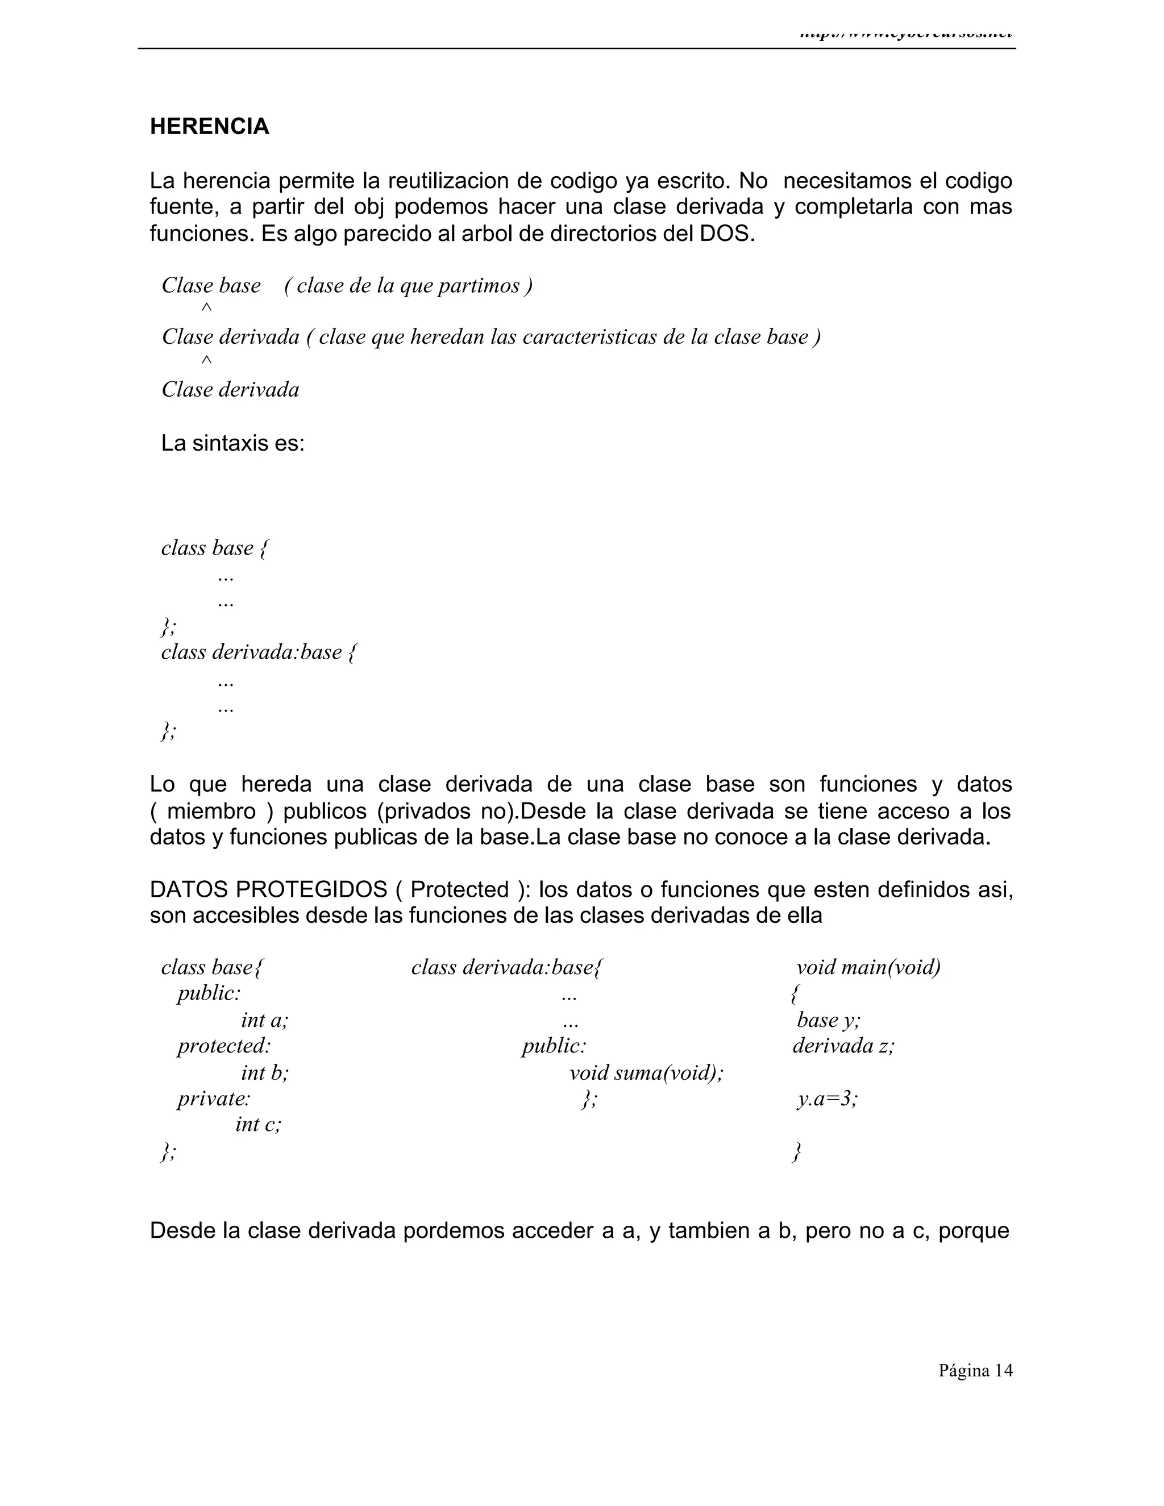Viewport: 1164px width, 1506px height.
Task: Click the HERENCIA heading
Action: [x=210, y=127]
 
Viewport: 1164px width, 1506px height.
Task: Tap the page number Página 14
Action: [x=975, y=1371]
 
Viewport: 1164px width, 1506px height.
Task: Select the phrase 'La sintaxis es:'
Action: [x=232, y=443]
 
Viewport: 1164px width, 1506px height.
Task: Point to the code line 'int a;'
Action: [x=265, y=1020]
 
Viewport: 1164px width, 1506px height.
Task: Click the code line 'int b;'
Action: [x=265, y=1073]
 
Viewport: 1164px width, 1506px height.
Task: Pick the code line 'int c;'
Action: [x=259, y=1125]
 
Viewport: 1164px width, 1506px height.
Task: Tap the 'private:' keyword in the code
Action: [x=214, y=1099]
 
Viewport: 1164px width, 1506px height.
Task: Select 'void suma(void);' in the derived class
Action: [x=646, y=1073]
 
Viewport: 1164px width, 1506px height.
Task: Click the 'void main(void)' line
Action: [x=868, y=967]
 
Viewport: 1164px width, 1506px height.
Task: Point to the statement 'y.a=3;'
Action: [x=828, y=1099]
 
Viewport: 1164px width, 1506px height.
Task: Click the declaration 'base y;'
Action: [x=828, y=1020]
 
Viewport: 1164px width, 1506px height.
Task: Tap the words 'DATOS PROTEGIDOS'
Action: [x=268, y=889]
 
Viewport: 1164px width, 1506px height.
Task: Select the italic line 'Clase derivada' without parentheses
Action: [x=230, y=390]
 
